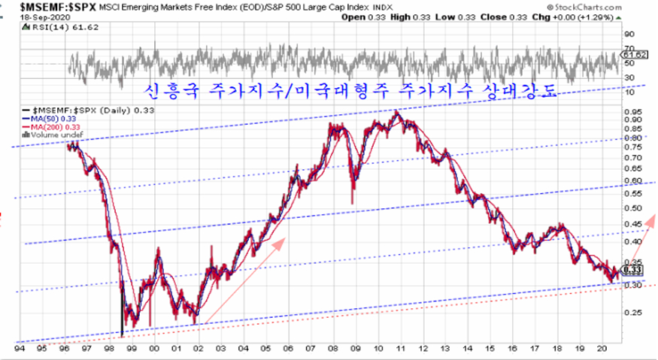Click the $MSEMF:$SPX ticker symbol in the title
pos(44,8)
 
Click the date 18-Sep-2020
pos(25,17)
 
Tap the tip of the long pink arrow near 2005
pos(285,239)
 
